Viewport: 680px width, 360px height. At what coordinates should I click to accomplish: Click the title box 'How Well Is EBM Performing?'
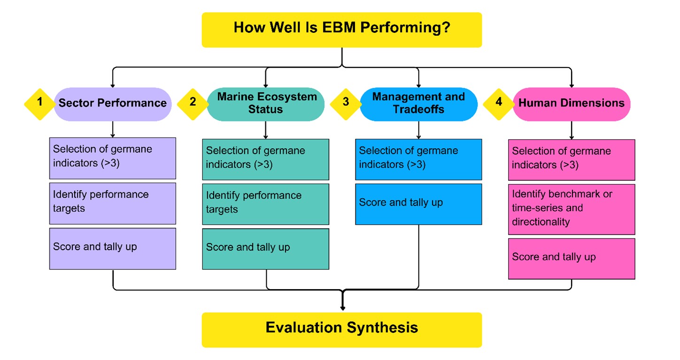342,30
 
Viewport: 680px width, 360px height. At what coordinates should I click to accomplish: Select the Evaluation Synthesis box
342,330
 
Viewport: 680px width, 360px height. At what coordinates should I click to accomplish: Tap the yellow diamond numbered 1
40,104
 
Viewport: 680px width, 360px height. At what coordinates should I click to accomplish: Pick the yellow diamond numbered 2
193,104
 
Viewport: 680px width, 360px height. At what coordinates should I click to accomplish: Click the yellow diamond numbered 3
346,104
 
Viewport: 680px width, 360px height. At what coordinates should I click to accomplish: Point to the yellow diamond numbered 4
499,104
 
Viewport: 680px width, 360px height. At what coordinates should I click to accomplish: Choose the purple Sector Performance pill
113,104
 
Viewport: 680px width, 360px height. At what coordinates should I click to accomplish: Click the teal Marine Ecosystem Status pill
266,104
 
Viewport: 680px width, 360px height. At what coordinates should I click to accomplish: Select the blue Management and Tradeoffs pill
418,104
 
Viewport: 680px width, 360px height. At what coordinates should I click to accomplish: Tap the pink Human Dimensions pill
572,104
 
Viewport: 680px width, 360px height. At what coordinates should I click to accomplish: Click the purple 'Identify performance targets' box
113,204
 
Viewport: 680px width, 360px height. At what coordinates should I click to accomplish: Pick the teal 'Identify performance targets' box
266,204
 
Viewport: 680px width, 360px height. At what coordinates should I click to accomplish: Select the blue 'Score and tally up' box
418,204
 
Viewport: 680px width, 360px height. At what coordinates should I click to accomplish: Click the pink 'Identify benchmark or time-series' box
572,209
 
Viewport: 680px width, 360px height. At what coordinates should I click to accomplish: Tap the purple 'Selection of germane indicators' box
113,158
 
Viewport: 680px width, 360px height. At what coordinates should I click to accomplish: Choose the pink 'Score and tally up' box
572,259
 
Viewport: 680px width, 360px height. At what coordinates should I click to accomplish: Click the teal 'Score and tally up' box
266,249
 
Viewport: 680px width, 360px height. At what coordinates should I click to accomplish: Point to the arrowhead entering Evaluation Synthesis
343,308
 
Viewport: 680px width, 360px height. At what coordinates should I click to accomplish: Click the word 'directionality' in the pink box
541,222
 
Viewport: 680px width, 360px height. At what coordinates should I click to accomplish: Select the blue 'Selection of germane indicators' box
418,160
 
